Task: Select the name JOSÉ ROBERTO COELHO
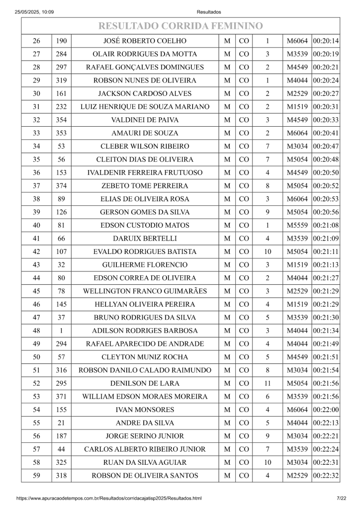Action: pyautogui.click(x=145, y=41)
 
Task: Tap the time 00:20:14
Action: pyautogui.click(x=326, y=41)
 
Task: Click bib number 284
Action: pyautogui.click(x=62, y=54)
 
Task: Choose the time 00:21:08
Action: pyautogui.click(x=326, y=225)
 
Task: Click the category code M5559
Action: pyautogui.click(x=297, y=225)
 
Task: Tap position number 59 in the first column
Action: pyautogui.click(x=36, y=476)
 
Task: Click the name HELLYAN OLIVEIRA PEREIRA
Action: pyautogui.click(x=145, y=304)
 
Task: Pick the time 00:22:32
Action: pyautogui.click(x=326, y=476)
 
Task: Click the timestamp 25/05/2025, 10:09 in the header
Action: pyautogui.click(x=34, y=12)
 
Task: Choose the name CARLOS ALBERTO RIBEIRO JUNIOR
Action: pyautogui.click(x=145, y=449)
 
